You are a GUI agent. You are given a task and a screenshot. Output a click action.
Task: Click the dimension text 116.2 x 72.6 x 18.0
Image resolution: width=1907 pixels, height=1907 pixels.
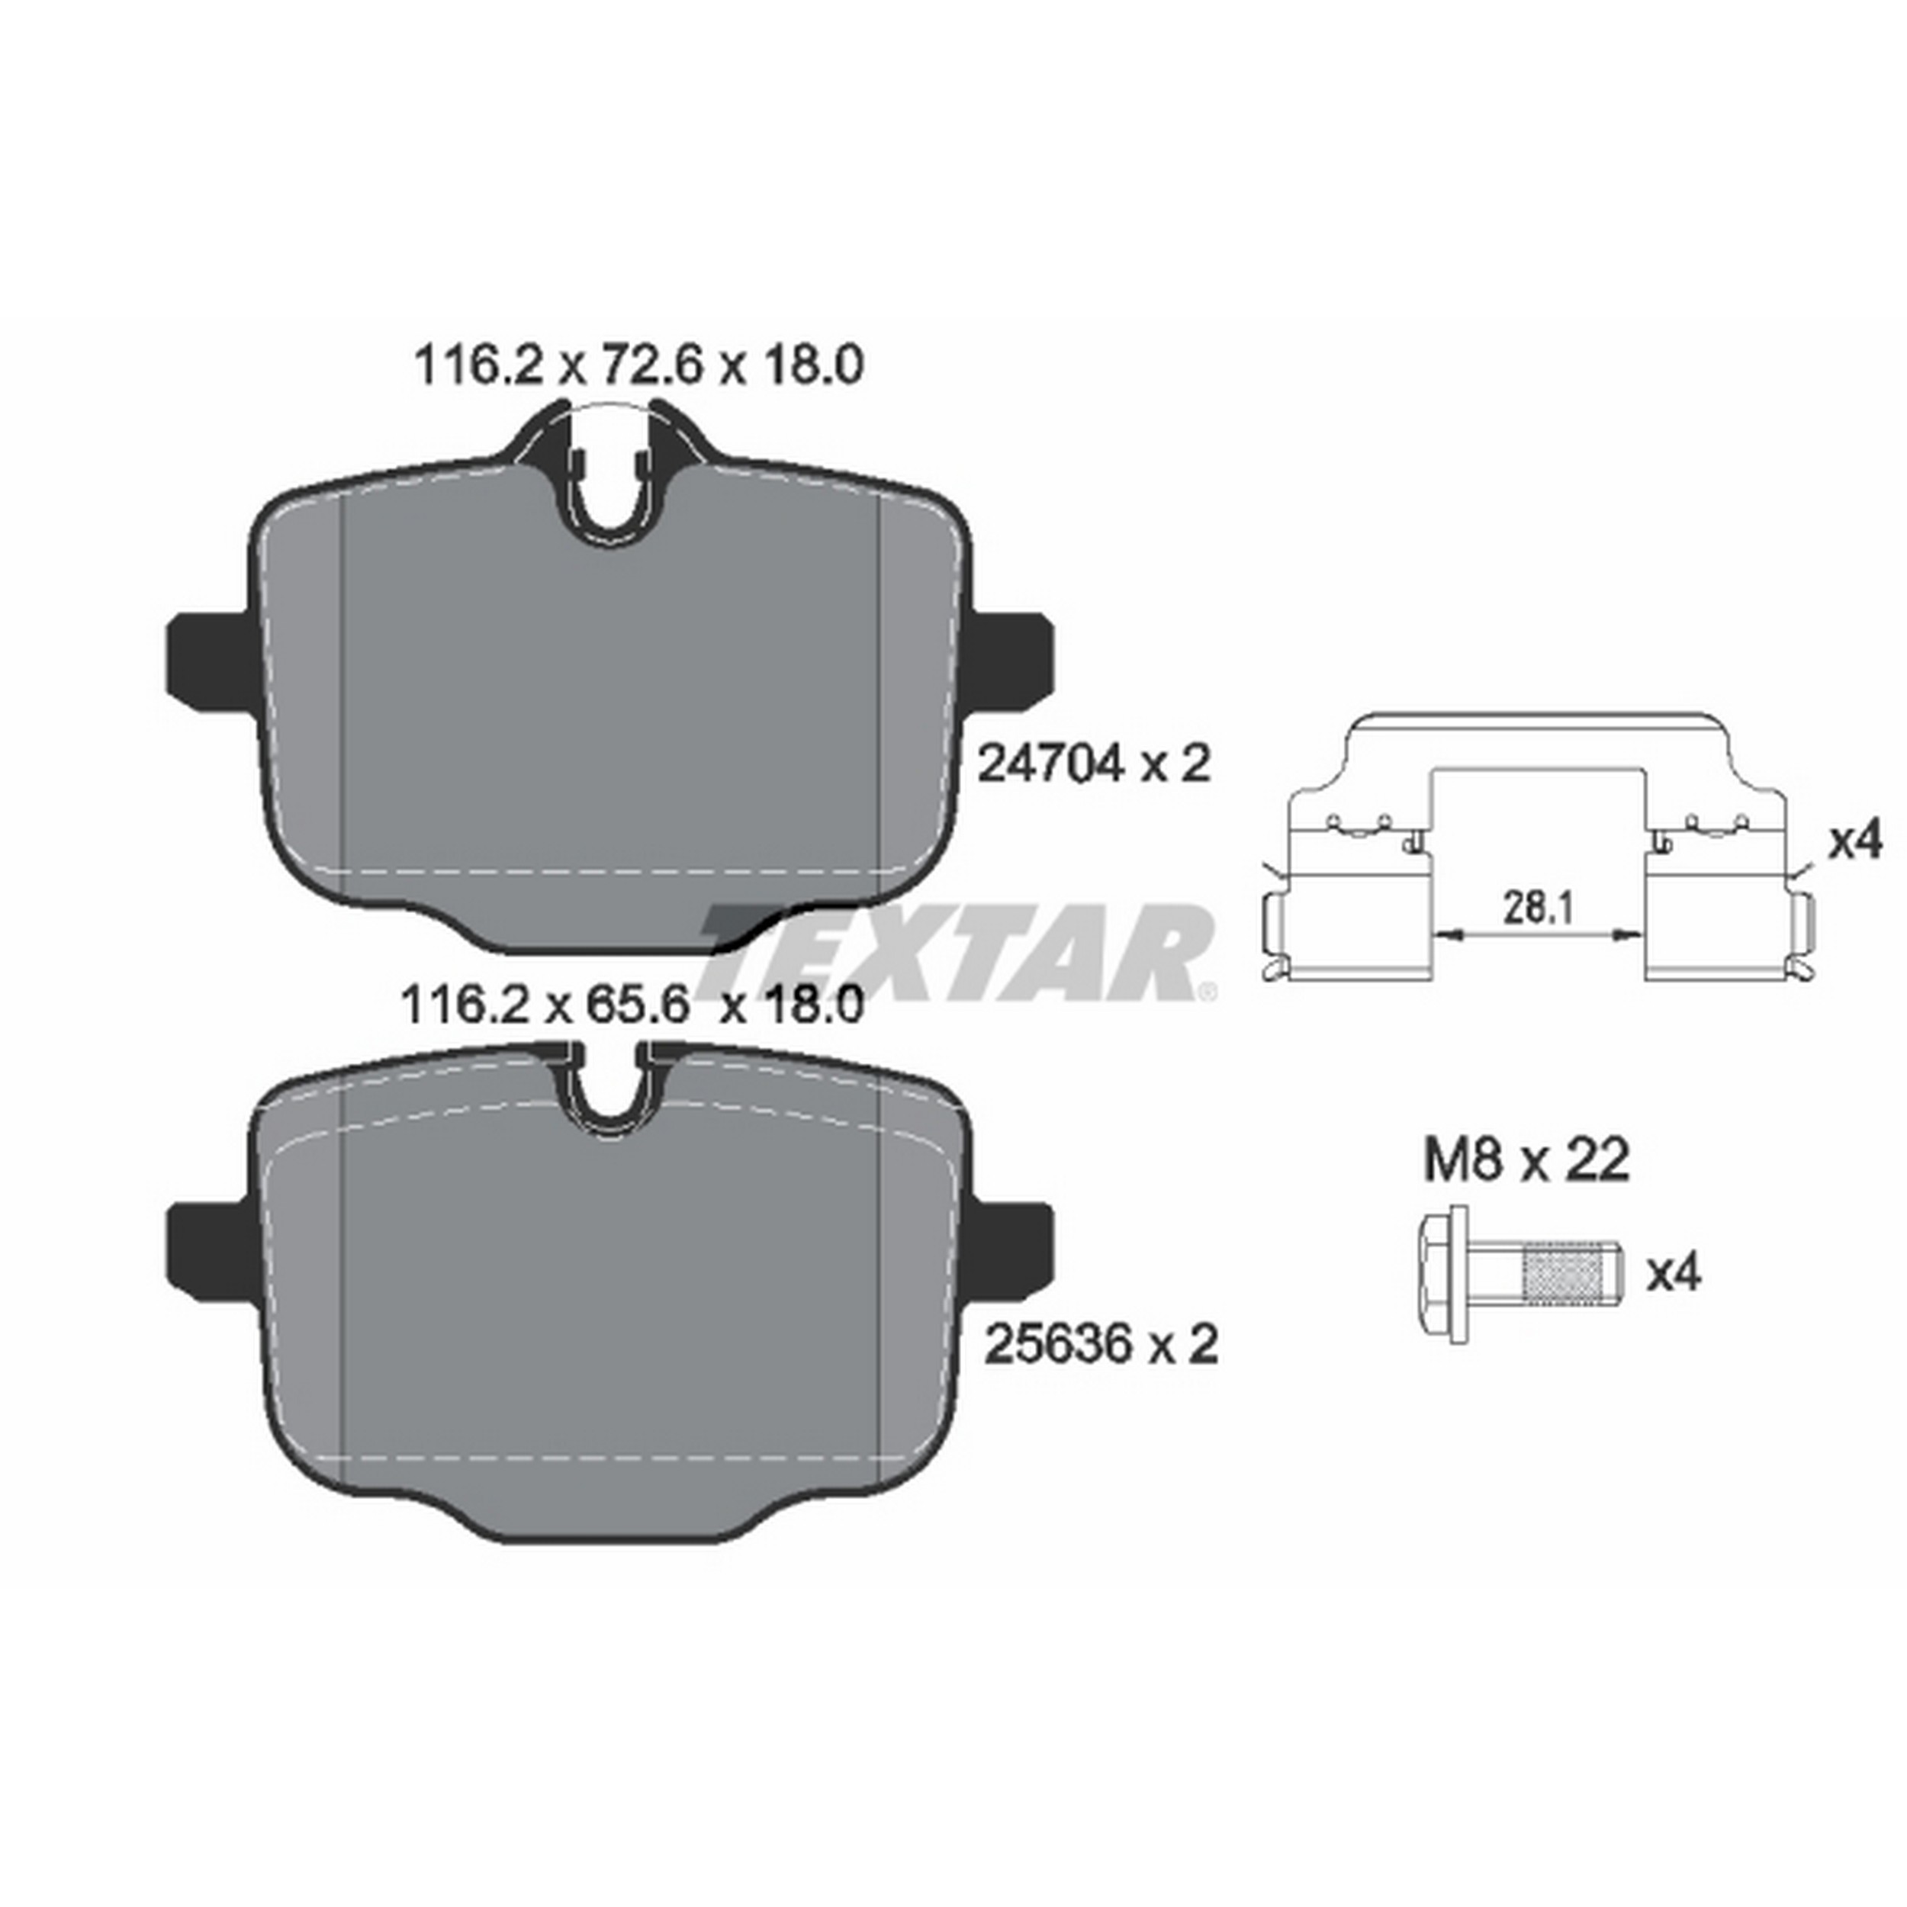(638, 366)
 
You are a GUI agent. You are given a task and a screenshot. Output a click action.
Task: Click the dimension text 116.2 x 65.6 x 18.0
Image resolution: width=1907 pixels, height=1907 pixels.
(632, 1008)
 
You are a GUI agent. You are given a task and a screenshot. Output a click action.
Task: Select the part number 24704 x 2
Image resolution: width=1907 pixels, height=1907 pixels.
(1092, 764)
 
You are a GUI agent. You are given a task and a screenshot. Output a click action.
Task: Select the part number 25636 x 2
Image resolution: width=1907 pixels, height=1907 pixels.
(1101, 1343)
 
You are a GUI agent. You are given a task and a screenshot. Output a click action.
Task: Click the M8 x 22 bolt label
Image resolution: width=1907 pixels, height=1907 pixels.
(1526, 1161)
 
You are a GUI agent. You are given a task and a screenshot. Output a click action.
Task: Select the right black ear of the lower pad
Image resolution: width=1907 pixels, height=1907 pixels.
(1011, 1246)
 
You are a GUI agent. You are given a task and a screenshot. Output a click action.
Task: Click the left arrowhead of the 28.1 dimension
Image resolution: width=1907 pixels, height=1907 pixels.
(1444, 934)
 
